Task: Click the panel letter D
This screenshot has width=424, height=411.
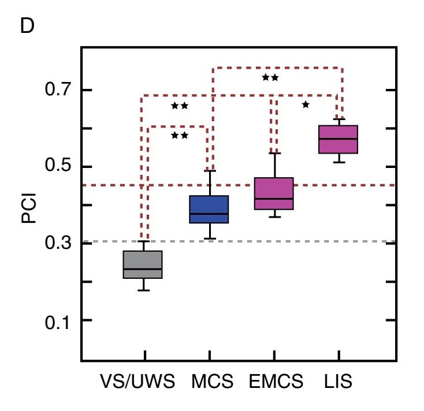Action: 27,27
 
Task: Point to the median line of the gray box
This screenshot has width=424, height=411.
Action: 144,268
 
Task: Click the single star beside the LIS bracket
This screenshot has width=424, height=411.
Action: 306,104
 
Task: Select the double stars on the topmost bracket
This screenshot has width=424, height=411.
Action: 270,77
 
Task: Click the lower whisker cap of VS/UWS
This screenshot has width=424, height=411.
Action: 144,290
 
